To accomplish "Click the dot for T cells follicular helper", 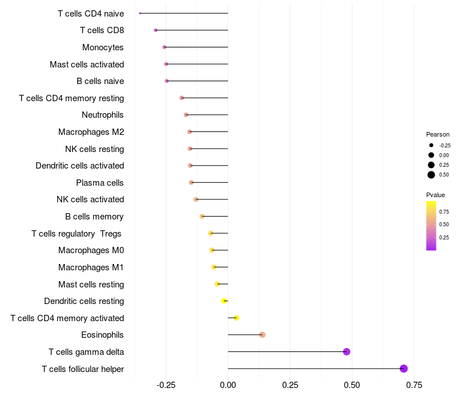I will tap(403, 369).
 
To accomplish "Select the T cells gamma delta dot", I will tap(346, 351).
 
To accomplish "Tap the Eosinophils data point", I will tap(262, 335).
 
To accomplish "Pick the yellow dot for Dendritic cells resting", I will tap(225, 301).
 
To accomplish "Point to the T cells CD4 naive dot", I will tap(140, 13).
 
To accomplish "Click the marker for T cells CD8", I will tap(155, 30).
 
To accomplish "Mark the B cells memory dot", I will tap(202, 217).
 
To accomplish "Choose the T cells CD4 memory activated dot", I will tap(236, 318).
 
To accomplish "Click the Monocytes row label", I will tap(103, 47).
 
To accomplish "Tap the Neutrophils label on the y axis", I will tap(102, 115).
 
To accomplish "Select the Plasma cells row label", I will tap(100, 183).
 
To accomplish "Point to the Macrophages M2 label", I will tap(91, 132).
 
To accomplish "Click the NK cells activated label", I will tap(90, 199).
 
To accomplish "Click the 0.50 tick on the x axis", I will tap(352, 385).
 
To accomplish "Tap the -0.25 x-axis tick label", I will tap(166, 385).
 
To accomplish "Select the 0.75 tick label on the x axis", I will tap(414, 385).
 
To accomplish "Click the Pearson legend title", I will tap(438, 134).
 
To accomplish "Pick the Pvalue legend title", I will tap(435, 195).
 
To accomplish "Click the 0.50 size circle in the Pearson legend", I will tap(431, 175).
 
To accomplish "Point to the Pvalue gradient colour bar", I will tap(431, 225).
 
